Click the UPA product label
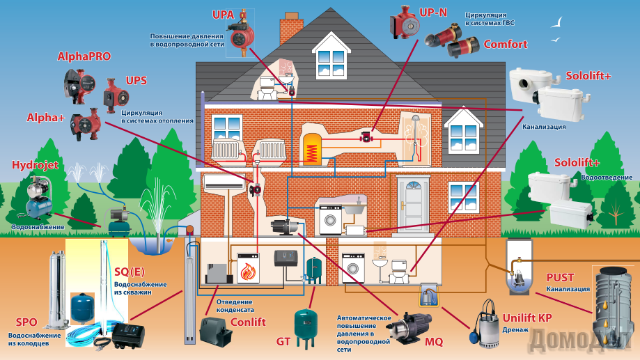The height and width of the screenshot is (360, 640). pyautogui.click(x=224, y=15)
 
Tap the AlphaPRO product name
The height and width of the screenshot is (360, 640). pyautogui.click(x=84, y=56)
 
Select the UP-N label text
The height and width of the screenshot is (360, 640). pyautogui.click(x=433, y=13)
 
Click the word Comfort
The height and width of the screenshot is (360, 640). pyautogui.click(x=506, y=44)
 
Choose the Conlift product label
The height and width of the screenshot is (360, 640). pyautogui.click(x=248, y=322)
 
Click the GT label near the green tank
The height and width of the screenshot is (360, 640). pyautogui.click(x=283, y=341)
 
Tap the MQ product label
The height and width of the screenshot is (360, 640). pyautogui.click(x=434, y=342)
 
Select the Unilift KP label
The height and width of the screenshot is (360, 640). pyautogui.click(x=526, y=318)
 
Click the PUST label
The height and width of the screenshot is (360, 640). pyautogui.click(x=560, y=278)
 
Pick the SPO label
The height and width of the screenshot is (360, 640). pyautogui.click(x=26, y=322)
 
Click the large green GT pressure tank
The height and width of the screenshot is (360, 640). pyautogui.click(x=304, y=328)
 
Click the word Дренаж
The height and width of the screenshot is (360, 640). pyautogui.click(x=516, y=330)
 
